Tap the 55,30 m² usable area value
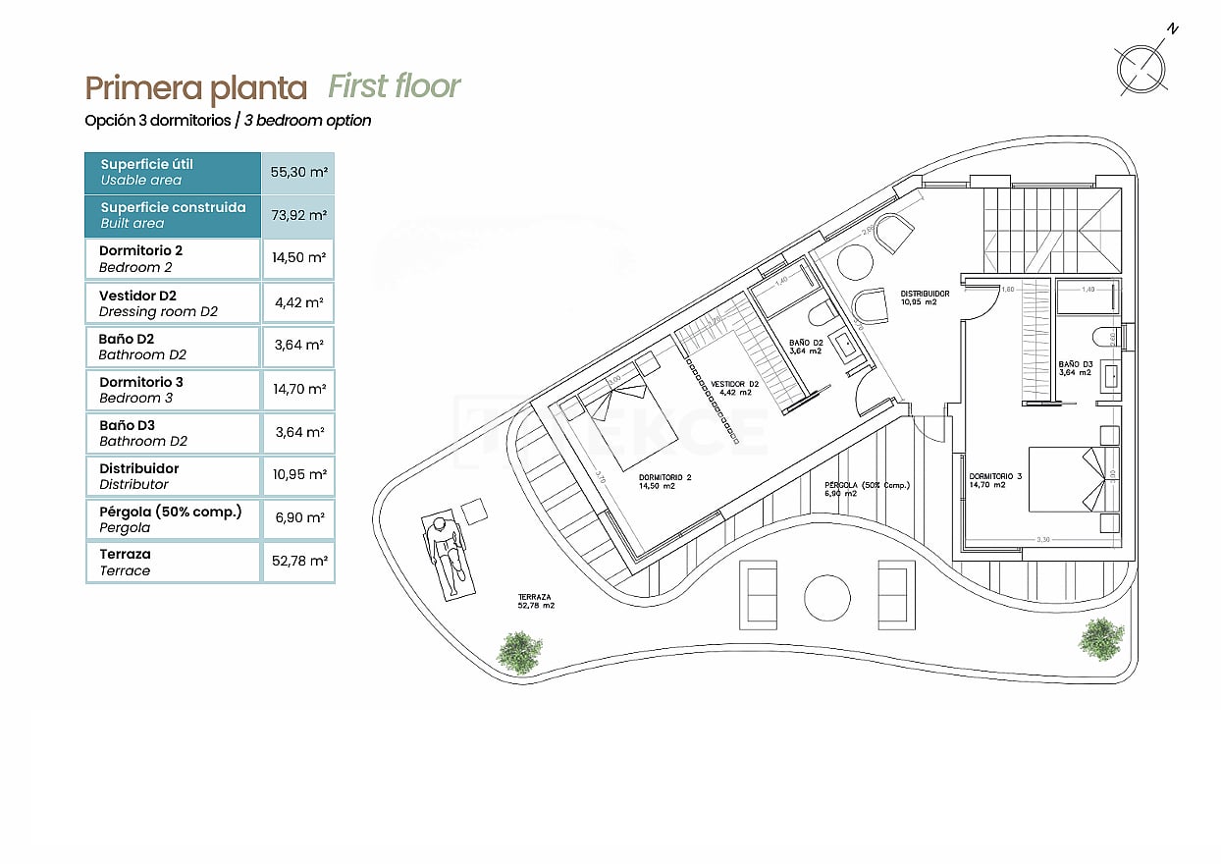coord(298,172)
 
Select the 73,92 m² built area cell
coord(298,215)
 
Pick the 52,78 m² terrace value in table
coord(298,562)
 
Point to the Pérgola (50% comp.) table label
coord(170,518)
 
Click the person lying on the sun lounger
coord(449,555)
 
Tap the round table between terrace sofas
coord(826,597)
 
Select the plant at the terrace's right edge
coord(1101,638)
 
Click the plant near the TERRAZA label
coord(518,651)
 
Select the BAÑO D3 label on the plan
coord(1075,367)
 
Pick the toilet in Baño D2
coord(820,314)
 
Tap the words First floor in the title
coord(394,86)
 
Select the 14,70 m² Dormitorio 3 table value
coord(298,389)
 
